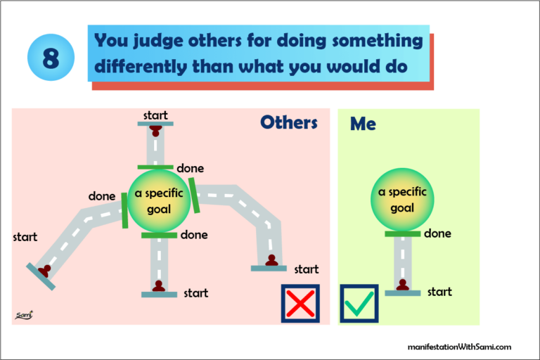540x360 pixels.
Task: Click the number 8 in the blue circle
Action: (50, 58)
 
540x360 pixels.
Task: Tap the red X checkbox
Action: (300, 303)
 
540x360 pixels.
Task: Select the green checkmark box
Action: (359, 303)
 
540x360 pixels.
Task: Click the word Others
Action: (288, 122)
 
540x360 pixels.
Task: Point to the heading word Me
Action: (363, 124)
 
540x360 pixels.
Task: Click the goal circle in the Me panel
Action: (402, 200)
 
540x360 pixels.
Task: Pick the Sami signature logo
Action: (25, 316)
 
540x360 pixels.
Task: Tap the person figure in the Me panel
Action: (402, 285)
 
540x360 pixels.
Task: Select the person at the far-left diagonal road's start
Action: (45, 270)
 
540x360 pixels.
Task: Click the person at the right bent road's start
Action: (271, 261)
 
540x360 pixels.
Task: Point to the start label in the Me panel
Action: (439, 291)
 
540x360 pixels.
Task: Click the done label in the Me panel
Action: (437, 233)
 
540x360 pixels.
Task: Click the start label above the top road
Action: (155, 115)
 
